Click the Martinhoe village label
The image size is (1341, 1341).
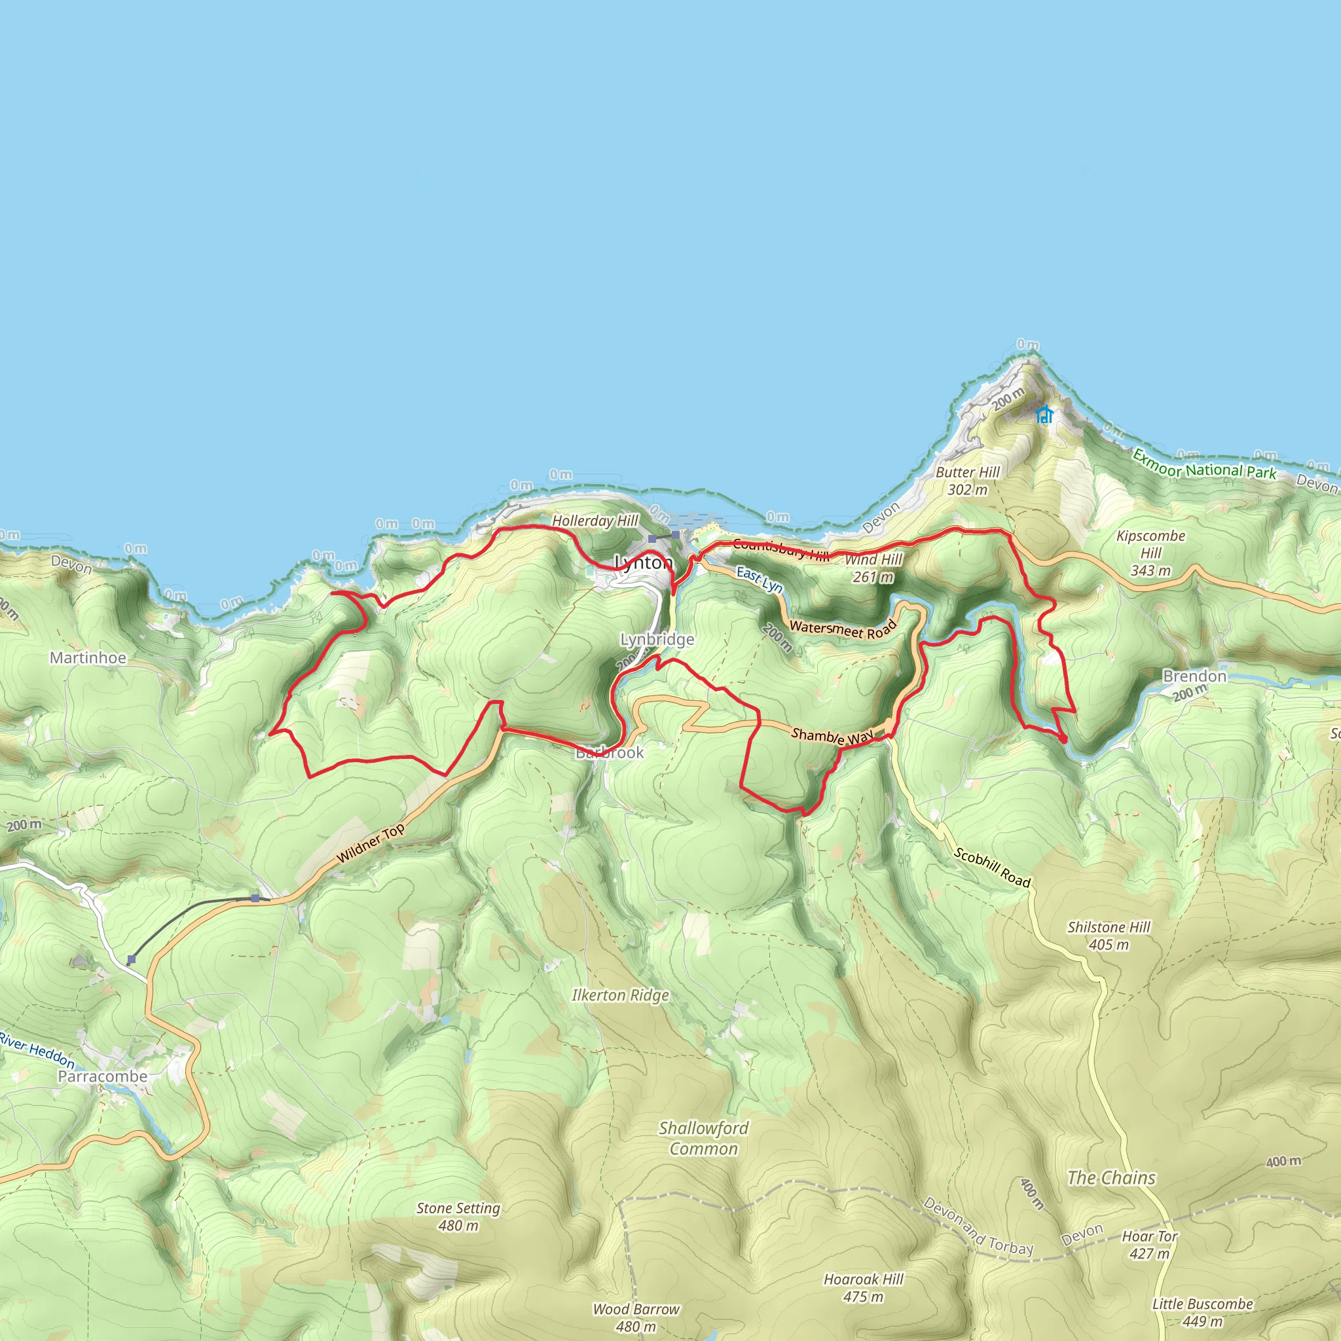pos(88,658)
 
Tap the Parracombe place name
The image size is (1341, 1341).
pos(103,1076)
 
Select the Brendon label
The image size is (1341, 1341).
pos(1194,676)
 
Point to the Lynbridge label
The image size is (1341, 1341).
pos(657,639)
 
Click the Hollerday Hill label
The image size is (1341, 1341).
pos(595,521)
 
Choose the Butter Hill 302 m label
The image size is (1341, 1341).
pos(968,481)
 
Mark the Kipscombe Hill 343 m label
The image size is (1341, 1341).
pos(1151,553)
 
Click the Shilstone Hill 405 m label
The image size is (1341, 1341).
pos(1109,936)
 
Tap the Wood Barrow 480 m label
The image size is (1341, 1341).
pos(636,1317)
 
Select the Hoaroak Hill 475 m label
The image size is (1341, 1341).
pos(864,1287)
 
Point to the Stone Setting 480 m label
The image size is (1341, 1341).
pos(458,1217)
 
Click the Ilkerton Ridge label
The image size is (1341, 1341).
pos(621,995)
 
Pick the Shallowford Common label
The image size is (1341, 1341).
pos(704,1138)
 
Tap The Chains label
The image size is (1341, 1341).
pos(1111,1178)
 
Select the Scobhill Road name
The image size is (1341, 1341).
pos(992,868)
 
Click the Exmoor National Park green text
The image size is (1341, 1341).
pos(1203,465)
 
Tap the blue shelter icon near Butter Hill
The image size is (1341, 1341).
pos(1044,415)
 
